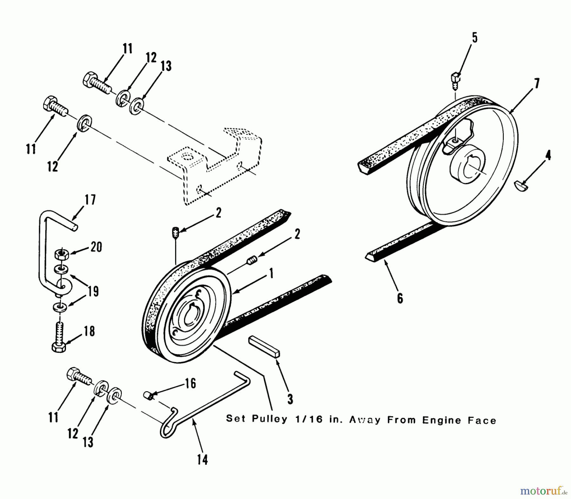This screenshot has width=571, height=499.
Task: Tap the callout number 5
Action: (474, 38)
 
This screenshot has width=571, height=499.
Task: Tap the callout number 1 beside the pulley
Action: (271, 273)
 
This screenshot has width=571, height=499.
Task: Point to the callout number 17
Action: (90, 200)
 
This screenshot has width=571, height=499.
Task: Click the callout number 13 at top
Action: (166, 66)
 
